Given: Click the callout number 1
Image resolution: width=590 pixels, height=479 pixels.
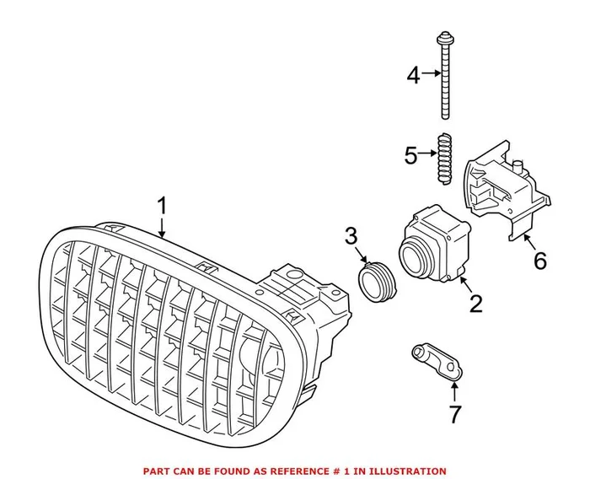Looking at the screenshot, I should (163, 206).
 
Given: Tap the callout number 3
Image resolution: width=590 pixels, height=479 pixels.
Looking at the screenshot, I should (350, 238).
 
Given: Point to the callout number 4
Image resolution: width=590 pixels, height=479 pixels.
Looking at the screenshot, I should (413, 76).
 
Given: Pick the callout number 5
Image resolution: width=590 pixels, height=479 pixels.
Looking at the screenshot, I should (410, 155).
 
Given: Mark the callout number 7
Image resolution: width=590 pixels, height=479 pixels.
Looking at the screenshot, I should (454, 414).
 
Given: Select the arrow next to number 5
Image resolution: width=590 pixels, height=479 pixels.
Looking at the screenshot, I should (430, 155).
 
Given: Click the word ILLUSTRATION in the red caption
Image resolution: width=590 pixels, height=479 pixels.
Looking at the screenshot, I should (405, 471).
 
